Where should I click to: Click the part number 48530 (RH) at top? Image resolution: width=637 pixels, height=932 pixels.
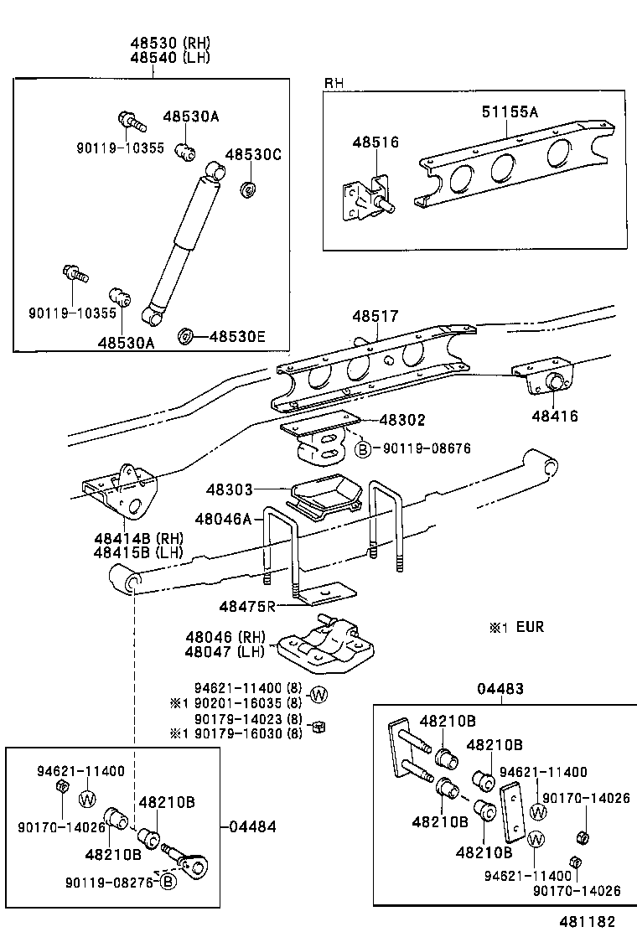(x=169, y=44)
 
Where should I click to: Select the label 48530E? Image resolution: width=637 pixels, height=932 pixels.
(x=236, y=337)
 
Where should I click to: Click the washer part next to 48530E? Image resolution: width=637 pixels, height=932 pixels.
(x=186, y=337)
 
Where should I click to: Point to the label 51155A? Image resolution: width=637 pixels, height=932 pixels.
(x=510, y=111)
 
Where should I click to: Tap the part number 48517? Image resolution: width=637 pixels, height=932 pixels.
(x=375, y=316)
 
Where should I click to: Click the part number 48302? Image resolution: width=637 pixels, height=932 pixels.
(x=402, y=420)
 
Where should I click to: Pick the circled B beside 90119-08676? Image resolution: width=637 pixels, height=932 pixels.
(x=363, y=449)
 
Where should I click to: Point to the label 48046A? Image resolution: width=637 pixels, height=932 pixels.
(x=224, y=520)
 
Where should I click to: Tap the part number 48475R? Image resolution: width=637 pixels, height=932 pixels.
(x=247, y=605)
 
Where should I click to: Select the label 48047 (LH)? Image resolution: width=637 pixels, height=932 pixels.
(x=225, y=651)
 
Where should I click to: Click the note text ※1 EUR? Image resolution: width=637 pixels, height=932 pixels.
(x=524, y=626)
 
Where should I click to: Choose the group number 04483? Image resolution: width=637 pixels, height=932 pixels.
(x=500, y=689)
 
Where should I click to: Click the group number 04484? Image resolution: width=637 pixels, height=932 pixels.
(x=252, y=826)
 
